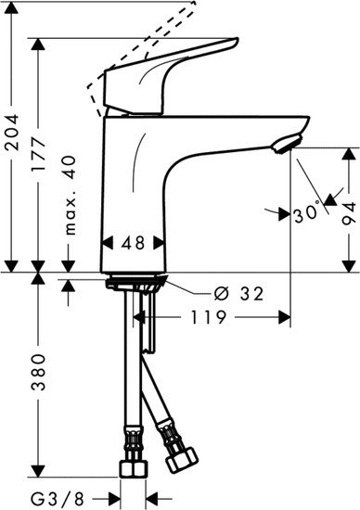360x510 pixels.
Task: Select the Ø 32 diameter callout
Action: pyautogui.click(x=238, y=294)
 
